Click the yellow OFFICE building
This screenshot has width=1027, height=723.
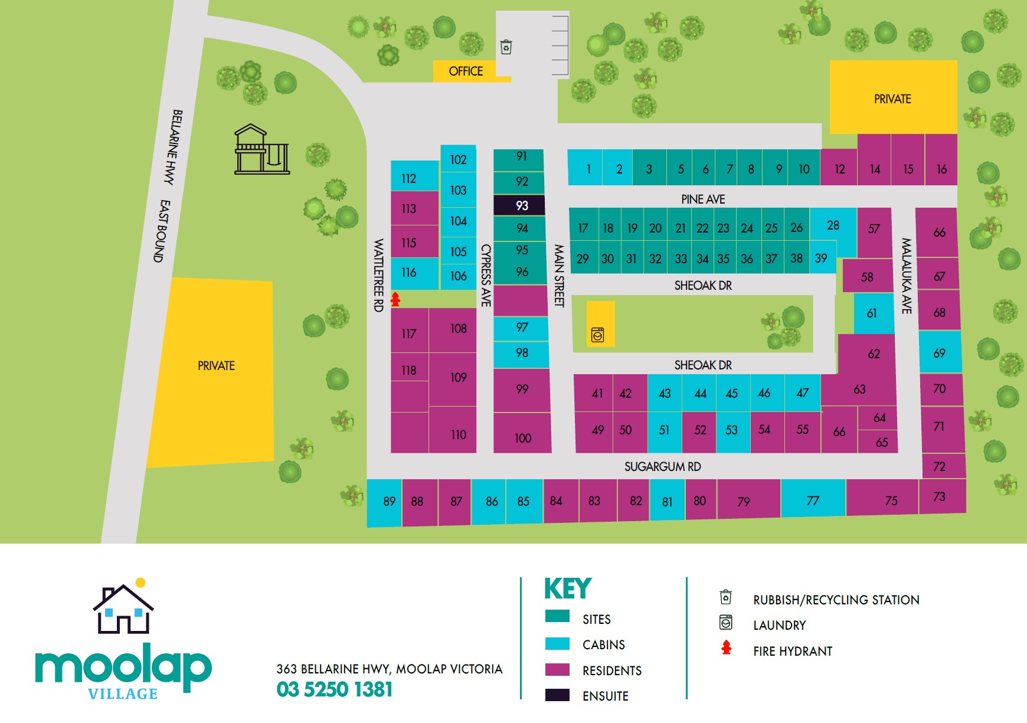tap(466, 71)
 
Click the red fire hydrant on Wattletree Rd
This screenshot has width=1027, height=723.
tap(395, 299)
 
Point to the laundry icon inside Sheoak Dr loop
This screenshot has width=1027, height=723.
tap(597, 335)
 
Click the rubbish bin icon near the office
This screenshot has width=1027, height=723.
tap(506, 47)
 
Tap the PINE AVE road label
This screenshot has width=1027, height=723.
tap(702, 199)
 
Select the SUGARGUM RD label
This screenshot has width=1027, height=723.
tap(662, 467)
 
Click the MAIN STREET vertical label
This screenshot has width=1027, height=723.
tap(558, 276)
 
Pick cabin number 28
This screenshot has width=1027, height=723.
tap(833, 225)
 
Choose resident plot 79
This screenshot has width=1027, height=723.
tap(743, 502)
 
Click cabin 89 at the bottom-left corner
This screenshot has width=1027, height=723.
tap(388, 502)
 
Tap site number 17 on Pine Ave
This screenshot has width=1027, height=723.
tap(583, 228)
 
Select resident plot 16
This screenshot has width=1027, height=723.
tap(941, 169)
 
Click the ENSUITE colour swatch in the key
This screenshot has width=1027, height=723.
tap(557, 695)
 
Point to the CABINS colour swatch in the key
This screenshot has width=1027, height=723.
tap(557, 644)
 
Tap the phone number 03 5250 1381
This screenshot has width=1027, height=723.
tap(334, 689)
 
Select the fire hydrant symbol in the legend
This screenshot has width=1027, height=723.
tap(726, 648)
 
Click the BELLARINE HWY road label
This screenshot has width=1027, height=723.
tap(173, 147)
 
